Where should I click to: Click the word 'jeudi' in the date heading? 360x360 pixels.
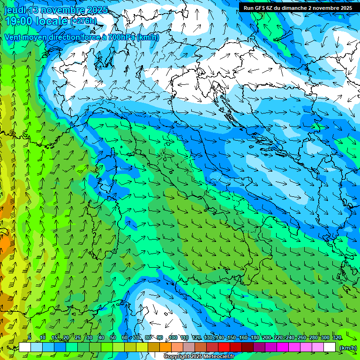14,10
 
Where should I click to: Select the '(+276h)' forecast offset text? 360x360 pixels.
83,21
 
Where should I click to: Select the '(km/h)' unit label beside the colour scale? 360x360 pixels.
347,348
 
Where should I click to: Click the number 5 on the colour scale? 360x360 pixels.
30,338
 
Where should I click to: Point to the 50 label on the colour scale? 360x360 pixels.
112,338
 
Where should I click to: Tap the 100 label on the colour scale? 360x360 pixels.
172,338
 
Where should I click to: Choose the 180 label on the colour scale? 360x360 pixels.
255,338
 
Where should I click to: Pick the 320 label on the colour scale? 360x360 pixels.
337,338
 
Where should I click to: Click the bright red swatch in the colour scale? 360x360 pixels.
224,347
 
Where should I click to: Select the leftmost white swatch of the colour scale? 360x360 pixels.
25,347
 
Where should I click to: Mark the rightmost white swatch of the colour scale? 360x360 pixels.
330,347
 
